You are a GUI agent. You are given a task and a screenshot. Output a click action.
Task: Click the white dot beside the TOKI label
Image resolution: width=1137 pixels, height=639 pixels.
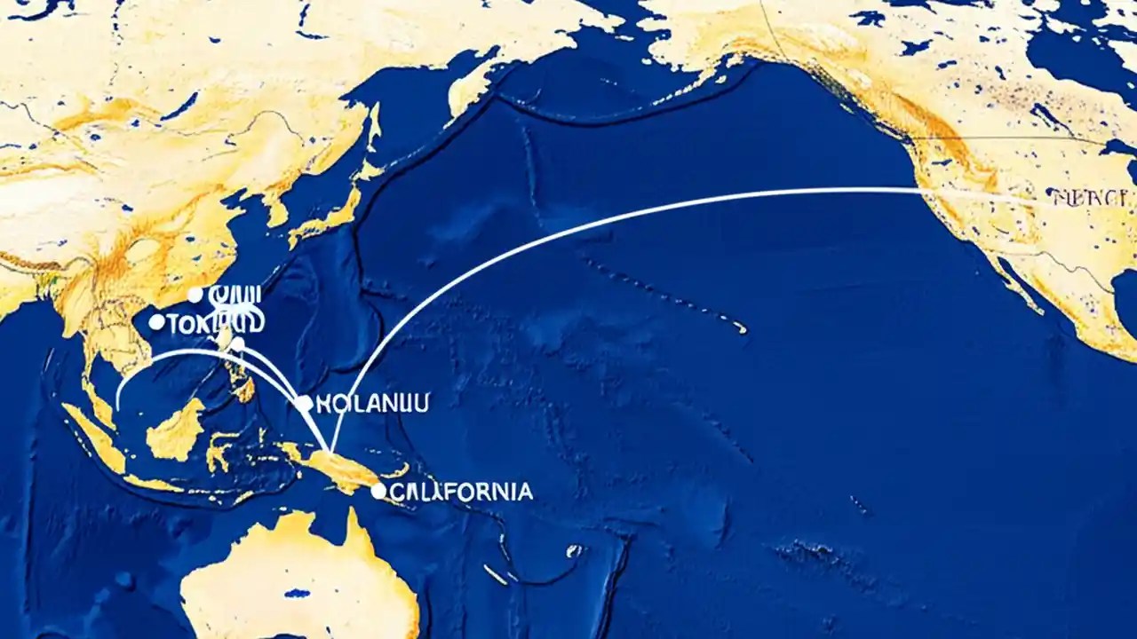click(x=157, y=322)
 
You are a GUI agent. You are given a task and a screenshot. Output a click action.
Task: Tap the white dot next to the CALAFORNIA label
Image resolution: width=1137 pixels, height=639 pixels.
click(x=379, y=491)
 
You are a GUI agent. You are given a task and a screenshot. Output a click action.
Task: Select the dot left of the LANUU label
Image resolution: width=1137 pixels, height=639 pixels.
click(x=305, y=404)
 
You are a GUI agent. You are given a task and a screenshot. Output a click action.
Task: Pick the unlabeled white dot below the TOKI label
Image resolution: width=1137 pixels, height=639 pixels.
click(x=237, y=343)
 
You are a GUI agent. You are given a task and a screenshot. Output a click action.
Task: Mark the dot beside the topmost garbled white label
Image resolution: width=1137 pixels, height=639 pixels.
click(x=195, y=295)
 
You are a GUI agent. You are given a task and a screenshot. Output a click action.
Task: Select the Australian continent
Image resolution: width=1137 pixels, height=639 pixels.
click(x=302, y=577)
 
